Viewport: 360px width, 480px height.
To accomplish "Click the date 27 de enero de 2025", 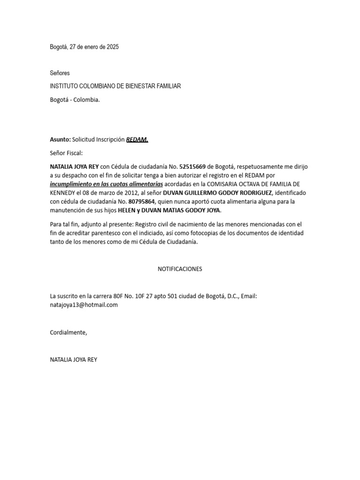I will click(x=94, y=47).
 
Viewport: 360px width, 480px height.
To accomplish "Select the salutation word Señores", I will click(x=60, y=73).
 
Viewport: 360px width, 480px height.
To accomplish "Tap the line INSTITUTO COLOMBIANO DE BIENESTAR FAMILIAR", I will click(x=115, y=86).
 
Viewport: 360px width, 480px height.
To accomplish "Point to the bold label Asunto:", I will click(x=60, y=139).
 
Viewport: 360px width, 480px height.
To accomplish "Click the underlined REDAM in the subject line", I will click(x=137, y=139).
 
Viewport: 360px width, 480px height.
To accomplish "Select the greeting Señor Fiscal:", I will click(x=66, y=153).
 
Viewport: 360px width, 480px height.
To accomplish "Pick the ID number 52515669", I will click(x=192, y=167).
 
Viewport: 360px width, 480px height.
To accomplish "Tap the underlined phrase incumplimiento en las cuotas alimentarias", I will click(x=106, y=184).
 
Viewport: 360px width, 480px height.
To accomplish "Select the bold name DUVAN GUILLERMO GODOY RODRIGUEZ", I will click(x=217, y=193).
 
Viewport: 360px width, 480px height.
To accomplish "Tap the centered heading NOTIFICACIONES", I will click(x=180, y=269).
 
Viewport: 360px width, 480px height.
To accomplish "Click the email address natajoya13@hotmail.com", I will click(x=84, y=305).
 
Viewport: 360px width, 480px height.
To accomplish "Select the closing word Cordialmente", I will click(x=68, y=332).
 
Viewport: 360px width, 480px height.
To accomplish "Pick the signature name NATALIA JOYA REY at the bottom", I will click(x=74, y=360).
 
